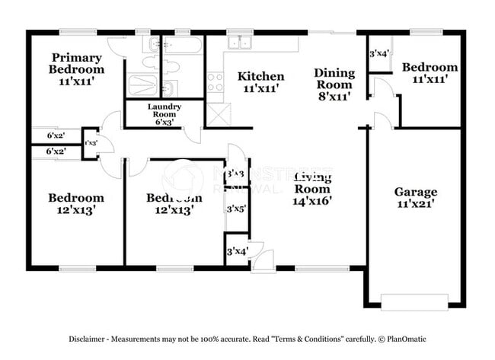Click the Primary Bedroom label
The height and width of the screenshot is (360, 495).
(x=77, y=63)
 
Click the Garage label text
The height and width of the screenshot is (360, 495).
(x=415, y=192)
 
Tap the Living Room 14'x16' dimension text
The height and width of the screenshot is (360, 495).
(x=312, y=202)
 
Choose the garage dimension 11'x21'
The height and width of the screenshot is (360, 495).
(x=415, y=205)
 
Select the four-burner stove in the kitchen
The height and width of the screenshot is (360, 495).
(x=215, y=81)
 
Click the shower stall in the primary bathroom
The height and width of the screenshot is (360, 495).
(x=142, y=84)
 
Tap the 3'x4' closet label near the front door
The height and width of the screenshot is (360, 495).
(x=236, y=251)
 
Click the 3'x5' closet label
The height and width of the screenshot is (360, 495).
(x=236, y=209)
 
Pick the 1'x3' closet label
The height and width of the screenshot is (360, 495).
(x=90, y=143)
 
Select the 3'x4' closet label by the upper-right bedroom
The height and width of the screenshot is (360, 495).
(x=379, y=54)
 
